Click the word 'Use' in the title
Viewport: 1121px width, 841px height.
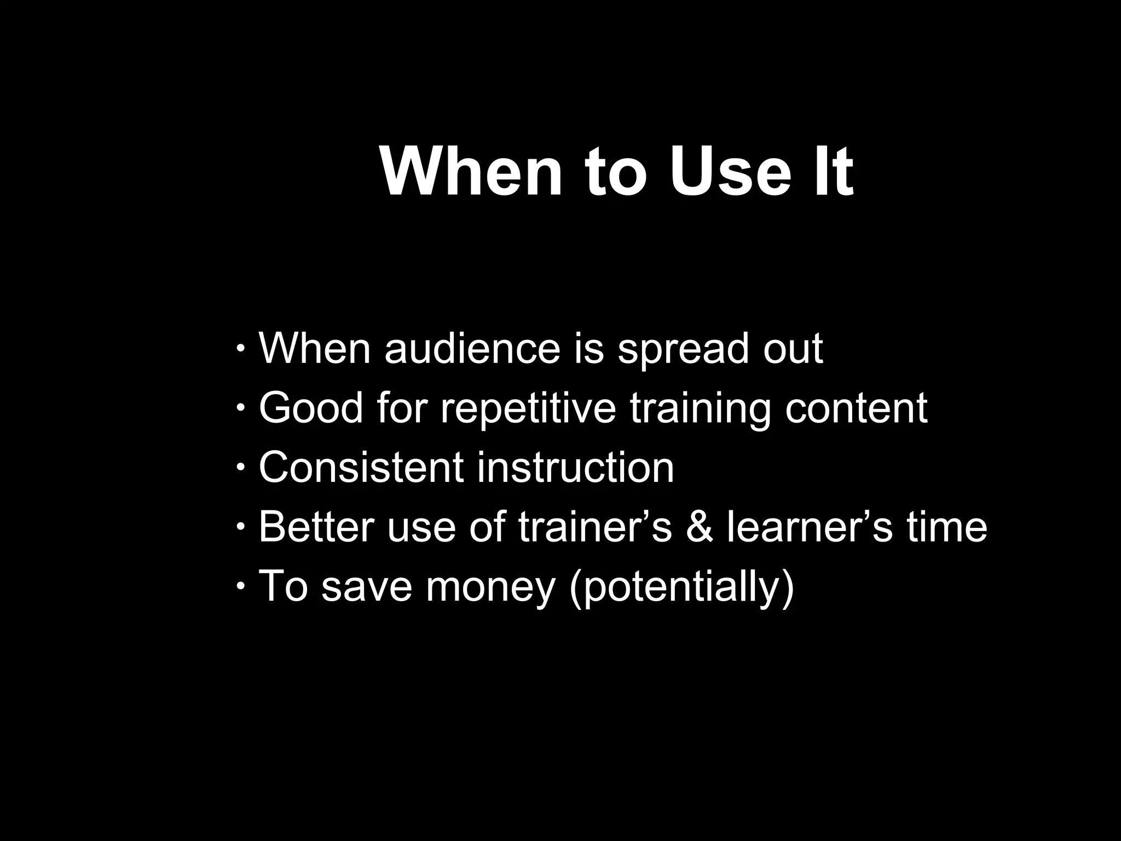730,171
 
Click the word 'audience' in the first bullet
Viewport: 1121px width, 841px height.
472,348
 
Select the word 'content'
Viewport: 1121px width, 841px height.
856,408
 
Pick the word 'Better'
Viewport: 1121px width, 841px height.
316,527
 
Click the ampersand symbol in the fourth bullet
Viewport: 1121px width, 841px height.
699,527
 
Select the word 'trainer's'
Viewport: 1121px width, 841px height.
595,527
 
